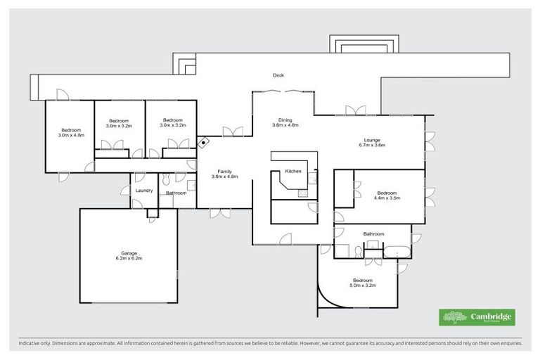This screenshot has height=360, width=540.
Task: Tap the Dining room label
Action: click(x=285, y=120)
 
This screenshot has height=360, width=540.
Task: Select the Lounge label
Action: click(x=372, y=139)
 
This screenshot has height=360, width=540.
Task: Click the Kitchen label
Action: click(x=293, y=172)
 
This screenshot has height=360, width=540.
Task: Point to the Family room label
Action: click(x=225, y=172)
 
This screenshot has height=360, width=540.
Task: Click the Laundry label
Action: click(x=143, y=190)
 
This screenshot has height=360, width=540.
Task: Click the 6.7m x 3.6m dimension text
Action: click(x=372, y=145)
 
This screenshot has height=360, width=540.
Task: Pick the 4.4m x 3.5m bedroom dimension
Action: click(x=387, y=198)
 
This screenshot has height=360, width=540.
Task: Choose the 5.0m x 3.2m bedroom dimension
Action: click(x=364, y=285)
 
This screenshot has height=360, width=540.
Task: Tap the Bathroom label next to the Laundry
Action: click(x=176, y=193)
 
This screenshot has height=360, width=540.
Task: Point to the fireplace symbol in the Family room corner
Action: click(x=204, y=143)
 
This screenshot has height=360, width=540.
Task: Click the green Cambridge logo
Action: click(x=476, y=317)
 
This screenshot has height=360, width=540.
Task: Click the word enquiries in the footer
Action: click(x=509, y=344)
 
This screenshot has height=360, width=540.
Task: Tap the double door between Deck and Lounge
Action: click(x=355, y=110)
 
